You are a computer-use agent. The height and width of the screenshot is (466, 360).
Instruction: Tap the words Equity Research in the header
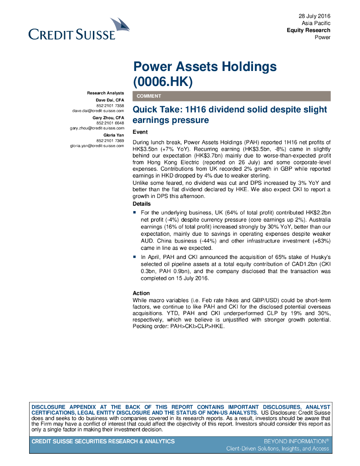pyautogui.click(x=308, y=30)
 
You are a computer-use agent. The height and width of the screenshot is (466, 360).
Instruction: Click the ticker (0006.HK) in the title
pyautogui.click(x=163, y=82)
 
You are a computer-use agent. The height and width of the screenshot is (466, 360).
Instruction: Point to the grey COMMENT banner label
pyautogui.click(x=149, y=96)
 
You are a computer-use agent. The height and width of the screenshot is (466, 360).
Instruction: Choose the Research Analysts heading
pyautogui.click(x=106, y=93)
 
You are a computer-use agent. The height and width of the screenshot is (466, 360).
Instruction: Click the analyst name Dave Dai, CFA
pyautogui.click(x=110, y=100)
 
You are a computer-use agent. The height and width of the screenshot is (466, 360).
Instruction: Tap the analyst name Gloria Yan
pyautogui.click(x=114, y=135)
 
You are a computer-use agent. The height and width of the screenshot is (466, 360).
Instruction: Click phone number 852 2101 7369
pyautogui.click(x=110, y=141)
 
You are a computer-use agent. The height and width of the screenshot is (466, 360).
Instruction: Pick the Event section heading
pyautogui.click(x=140, y=132)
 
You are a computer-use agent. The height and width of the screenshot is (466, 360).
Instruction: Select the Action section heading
pyautogui.click(x=141, y=293)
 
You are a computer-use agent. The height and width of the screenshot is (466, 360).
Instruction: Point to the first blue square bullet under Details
pyautogui.click(x=135, y=213)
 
